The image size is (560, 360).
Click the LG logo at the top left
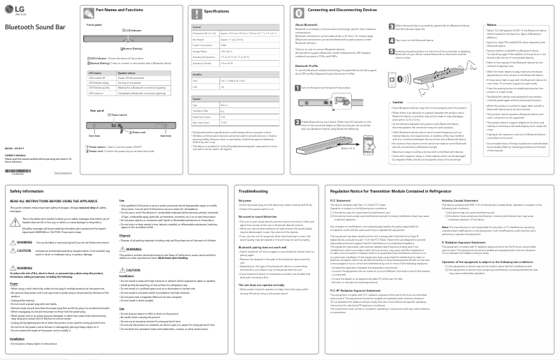tap(15, 10)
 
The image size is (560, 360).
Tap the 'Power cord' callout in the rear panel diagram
tap(138, 132)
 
